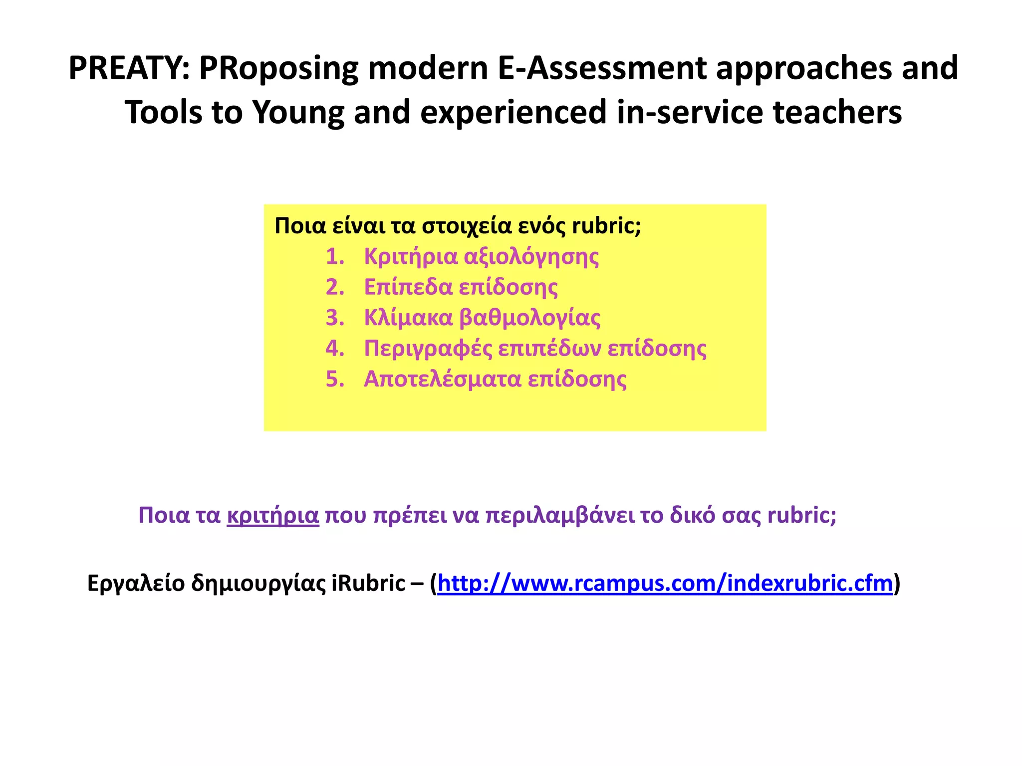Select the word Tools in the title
[163, 112]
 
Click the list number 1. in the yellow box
[335, 257]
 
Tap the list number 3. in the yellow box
[335, 318]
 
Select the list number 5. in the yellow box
[335, 380]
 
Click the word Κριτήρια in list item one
[411, 257]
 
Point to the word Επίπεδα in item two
[408, 288]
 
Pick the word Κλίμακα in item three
[408, 318]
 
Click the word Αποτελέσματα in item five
[442, 380]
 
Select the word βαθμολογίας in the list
[529, 318]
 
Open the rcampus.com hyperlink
[665, 583]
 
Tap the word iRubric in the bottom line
[368, 583]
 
